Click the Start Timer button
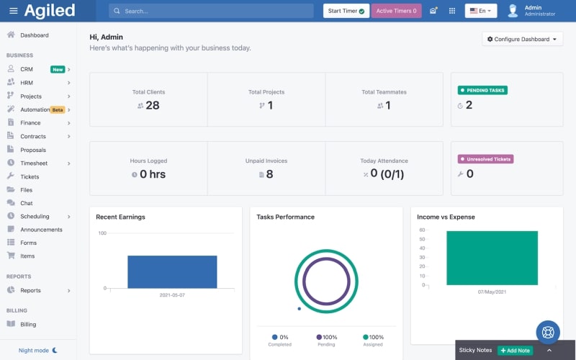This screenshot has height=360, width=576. pos(346,11)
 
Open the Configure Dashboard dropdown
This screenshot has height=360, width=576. pos(522,40)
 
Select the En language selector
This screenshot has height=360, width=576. pos(480,11)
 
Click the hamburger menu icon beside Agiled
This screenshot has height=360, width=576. pos(13,11)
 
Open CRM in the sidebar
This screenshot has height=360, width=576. pos(27,69)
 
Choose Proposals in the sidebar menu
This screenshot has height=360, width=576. pos(33,150)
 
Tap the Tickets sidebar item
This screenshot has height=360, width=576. pos(30,176)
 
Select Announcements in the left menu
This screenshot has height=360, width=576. pos(41,230)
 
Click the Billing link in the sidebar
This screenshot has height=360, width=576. pos(28,324)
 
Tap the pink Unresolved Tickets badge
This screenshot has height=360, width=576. pos(485,159)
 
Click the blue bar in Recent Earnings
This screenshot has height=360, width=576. pos(172,271)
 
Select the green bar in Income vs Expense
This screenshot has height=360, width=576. pos(492,258)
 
